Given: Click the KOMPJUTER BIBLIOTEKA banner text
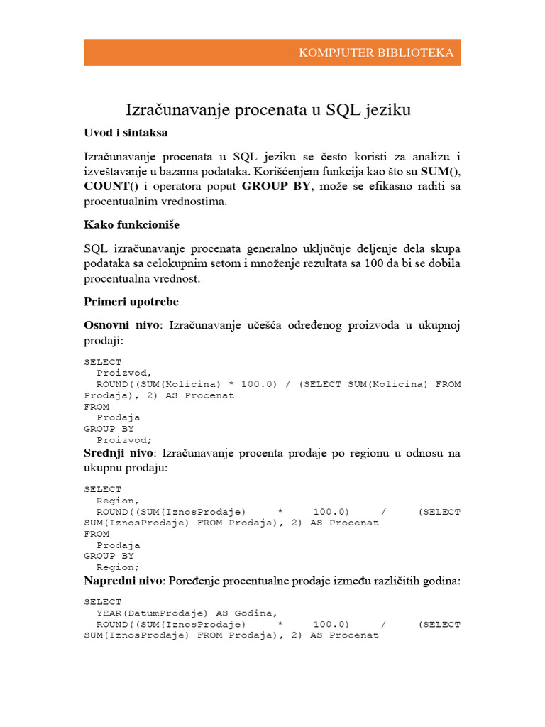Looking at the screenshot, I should pyautogui.click(x=376, y=53).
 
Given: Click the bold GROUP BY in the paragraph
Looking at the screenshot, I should pyautogui.click(x=277, y=186).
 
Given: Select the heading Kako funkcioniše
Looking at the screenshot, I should pyautogui.click(x=131, y=225).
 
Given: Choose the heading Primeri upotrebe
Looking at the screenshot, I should pyautogui.click(x=131, y=302).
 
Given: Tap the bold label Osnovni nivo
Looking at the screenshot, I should pyautogui.click(x=123, y=325).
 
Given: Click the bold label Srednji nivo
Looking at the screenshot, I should pyautogui.click(x=121, y=453).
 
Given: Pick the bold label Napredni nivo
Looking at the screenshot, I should pyautogui.click(x=123, y=581).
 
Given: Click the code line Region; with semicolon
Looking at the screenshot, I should pyautogui.click(x=118, y=567).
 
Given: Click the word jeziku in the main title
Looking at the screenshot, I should pyautogui.click(x=387, y=110).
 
